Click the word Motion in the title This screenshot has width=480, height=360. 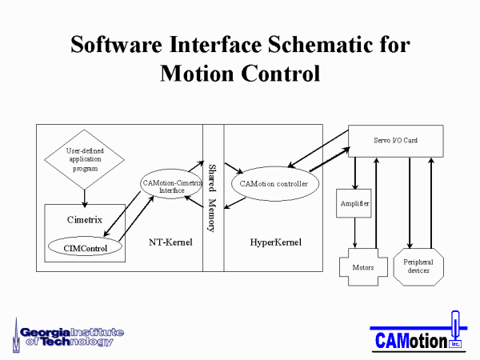(x=197, y=74)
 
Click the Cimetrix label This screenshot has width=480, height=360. (x=85, y=219)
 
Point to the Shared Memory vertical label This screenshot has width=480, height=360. (x=213, y=198)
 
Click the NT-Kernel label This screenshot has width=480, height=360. (x=170, y=242)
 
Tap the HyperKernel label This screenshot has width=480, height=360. (x=275, y=242)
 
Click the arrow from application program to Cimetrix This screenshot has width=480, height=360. (x=85, y=198)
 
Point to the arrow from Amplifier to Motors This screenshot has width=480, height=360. (x=354, y=233)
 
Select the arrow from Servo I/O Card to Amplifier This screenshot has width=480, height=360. (x=355, y=174)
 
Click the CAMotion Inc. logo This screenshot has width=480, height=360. (x=418, y=332)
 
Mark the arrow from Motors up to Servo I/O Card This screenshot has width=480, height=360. (x=377, y=203)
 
